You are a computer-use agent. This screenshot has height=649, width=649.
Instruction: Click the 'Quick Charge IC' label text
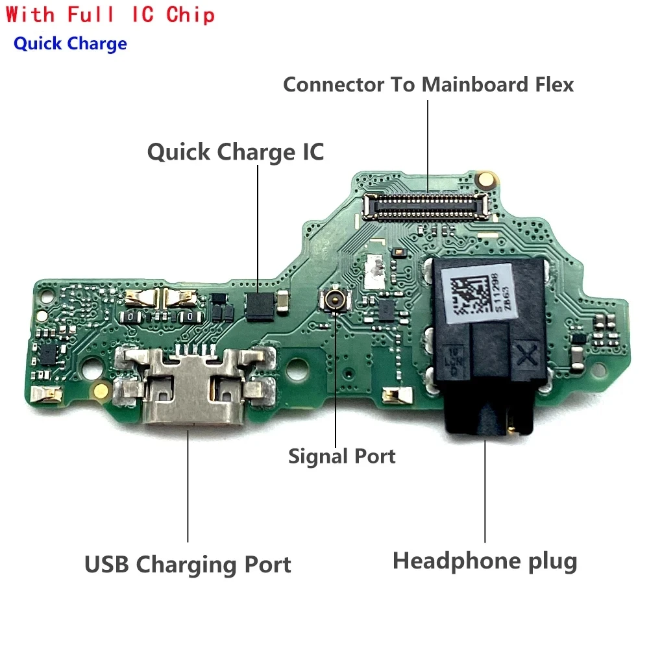[x=235, y=152]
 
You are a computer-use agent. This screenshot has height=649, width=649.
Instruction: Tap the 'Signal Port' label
[x=342, y=456]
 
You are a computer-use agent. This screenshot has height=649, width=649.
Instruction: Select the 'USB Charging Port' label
[x=188, y=564]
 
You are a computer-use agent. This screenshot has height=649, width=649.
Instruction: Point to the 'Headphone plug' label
[x=485, y=561]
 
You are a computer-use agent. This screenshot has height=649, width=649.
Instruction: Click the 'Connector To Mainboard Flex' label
[x=428, y=84]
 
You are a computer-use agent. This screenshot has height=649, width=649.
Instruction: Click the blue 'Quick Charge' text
[x=70, y=44]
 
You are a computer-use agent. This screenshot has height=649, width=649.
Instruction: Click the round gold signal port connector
[x=336, y=299]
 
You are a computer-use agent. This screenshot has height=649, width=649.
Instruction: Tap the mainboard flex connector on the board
[x=426, y=205]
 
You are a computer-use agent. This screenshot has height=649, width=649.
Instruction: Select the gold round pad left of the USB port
[x=101, y=390]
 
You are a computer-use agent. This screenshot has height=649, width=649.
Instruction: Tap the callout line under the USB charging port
[x=188, y=487]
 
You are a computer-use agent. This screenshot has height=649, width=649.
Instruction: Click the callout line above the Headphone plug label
[x=485, y=493]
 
